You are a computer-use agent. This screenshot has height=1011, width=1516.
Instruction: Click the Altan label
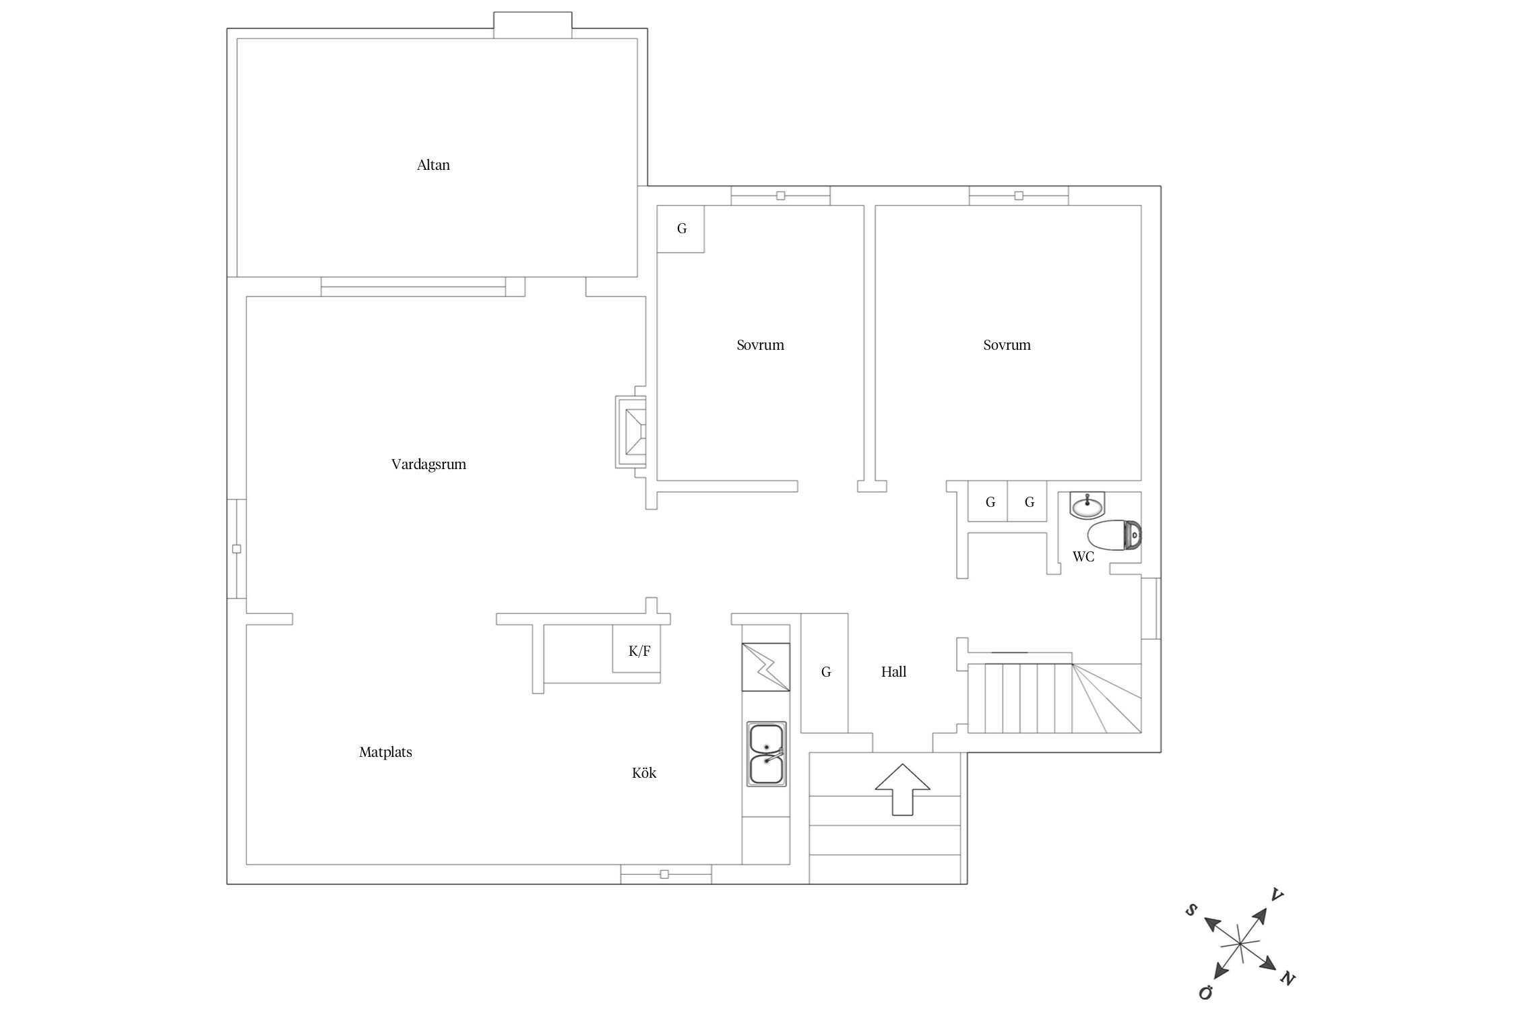433,165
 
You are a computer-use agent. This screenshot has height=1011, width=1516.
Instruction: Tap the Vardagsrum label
429,464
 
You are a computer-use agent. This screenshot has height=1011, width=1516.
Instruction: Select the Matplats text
385,752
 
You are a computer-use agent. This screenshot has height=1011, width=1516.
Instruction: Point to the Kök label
644,773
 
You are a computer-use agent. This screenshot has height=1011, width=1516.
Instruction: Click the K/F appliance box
636,648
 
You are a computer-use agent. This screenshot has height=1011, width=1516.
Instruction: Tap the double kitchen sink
766,754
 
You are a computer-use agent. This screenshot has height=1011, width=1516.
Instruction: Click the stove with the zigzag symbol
765,667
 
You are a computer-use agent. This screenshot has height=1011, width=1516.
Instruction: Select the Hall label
893,672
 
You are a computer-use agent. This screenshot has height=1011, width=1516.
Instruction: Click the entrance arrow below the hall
902,789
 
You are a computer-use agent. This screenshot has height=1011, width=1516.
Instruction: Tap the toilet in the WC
1114,535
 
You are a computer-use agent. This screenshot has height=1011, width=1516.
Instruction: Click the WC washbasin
1087,505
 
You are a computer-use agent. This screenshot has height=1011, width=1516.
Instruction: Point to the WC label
1083,557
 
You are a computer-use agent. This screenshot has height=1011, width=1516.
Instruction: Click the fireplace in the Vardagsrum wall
631,432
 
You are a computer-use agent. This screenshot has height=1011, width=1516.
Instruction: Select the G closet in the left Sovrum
681,229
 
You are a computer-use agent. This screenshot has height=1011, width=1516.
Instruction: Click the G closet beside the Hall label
824,673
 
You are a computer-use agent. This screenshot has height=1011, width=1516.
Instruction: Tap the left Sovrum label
760,345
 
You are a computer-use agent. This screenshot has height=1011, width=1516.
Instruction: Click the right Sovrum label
1007,345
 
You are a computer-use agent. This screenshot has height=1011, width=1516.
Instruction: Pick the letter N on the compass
1288,979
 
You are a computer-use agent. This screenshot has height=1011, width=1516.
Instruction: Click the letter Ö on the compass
1205,992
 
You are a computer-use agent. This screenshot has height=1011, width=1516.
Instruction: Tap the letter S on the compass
1191,911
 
